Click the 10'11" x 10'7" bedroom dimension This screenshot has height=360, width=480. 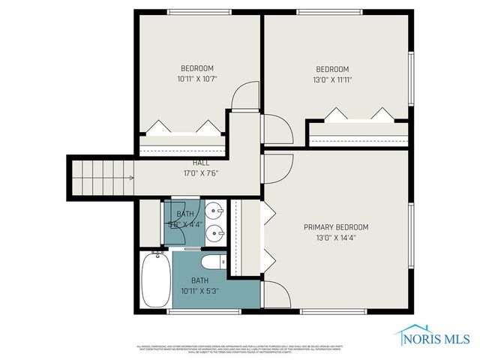[x=196, y=78]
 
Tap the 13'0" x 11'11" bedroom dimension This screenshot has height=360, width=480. [x=332, y=79]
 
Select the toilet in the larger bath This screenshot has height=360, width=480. [x=213, y=262]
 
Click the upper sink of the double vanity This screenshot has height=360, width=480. [x=214, y=211]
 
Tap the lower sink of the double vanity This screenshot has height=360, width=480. [x=214, y=232]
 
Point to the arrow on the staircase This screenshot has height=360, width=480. [x=130, y=178]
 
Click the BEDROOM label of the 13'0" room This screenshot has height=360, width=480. [x=332, y=68]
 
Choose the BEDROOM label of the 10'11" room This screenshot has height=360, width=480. [x=196, y=67]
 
